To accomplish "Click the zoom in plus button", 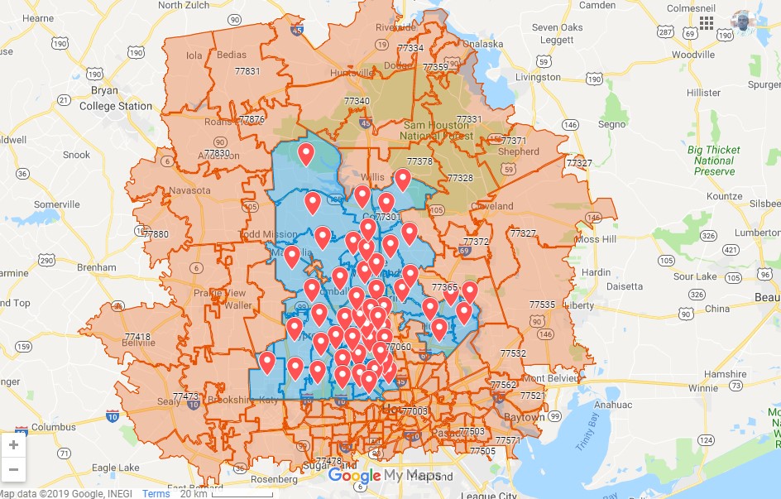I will pyautogui.click(x=13, y=444).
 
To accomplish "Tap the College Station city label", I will pyautogui.click(x=116, y=106).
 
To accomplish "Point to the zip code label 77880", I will pyautogui.click(x=155, y=234).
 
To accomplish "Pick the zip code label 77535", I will pyautogui.click(x=542, y=305).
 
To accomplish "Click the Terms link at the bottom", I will pyautogui.click(x=156, y=493).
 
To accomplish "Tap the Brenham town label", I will pyautogui.click(x=96, y=267).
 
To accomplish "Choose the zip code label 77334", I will pyautogui.click(x=410, y=48).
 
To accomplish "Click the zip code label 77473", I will pyautogui.click(x=186, y=396).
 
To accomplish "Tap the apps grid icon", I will pyautogui.click(x=707, y=22).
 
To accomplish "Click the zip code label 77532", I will pyautogui.click(x=513, y=353).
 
